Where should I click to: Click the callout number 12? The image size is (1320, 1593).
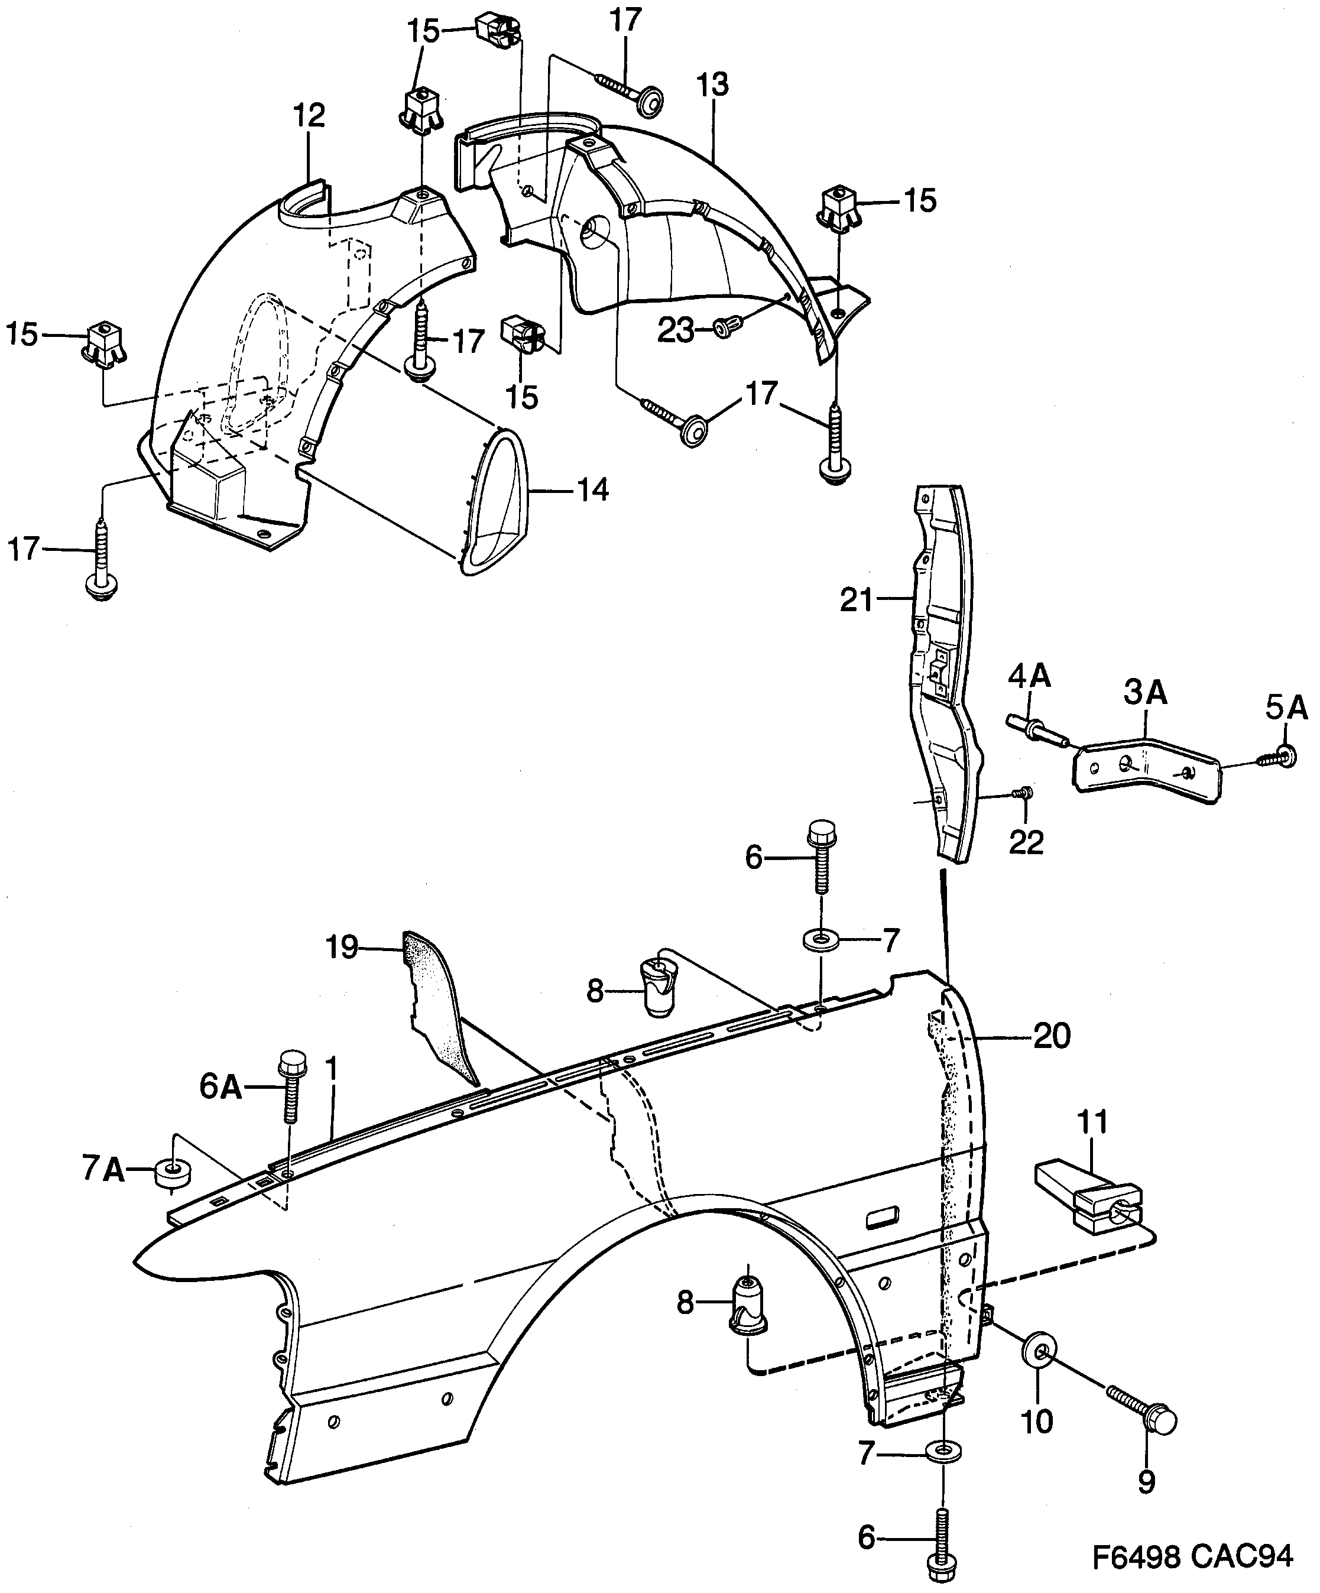[x=309, y=115]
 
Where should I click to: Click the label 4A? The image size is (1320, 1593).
[x=1029, y=674]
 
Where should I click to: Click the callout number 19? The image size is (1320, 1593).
[x=342, y=948]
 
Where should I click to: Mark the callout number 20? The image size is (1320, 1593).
[x=1052, y=1036]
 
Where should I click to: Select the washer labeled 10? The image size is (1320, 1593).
[x=1041, y=1351]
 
